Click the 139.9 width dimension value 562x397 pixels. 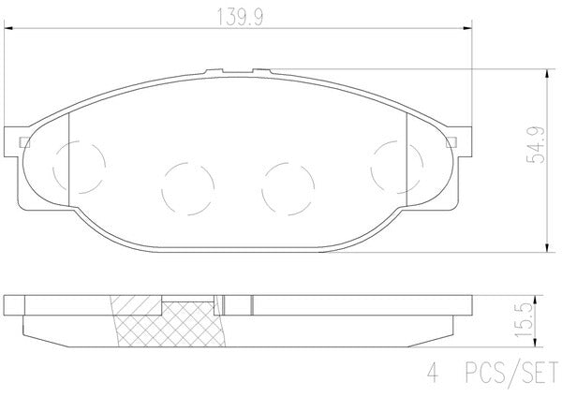(240, 17)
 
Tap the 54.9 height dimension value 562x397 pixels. (537, 145)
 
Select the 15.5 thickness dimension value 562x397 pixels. (523, 319)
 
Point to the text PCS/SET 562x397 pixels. (511, 372)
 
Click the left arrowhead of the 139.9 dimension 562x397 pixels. (7, 28)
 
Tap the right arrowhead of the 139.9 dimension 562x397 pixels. (467, 28)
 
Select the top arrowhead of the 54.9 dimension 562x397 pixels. (546, 73)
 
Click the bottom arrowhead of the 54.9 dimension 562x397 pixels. (546, 248)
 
